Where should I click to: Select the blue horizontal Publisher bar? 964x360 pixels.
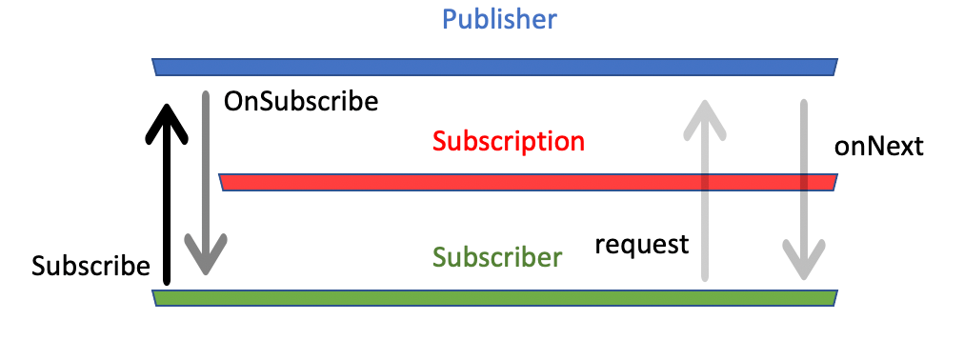(x=495, y=67)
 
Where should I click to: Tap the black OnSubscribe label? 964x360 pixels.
(x=300, y=101)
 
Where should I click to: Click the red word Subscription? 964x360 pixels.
(x=508, y=142)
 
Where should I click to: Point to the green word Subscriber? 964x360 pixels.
(x=497, y=257)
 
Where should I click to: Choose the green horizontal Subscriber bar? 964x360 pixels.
(x=495, y=298)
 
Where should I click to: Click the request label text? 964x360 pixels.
(x=641, y=245)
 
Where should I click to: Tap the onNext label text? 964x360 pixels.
(x=878, y=147)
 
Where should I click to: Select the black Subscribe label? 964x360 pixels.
(x=90, y=266)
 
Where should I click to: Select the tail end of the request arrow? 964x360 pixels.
(x=704, y=278)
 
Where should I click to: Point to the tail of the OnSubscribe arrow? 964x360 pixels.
(x=205, y=93)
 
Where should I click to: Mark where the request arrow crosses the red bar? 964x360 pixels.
(x=704, y=183)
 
